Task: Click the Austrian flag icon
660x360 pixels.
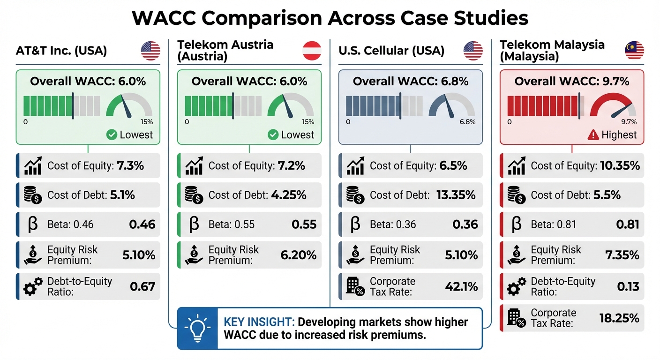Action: pos(312,51)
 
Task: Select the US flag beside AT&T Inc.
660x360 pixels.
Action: pos(150,51)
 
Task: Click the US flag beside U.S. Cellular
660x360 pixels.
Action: pos(473,51)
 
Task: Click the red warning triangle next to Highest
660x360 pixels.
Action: pos(593,135)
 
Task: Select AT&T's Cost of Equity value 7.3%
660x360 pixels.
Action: pos(130,165)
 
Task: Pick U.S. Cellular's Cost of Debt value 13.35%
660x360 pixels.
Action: pos(457,195)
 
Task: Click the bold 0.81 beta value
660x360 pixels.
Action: pos(628,225)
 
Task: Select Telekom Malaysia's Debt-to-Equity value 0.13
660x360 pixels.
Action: pos(628,286)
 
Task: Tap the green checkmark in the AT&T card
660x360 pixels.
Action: pos(112,135)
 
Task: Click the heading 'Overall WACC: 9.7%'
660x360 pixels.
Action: pos(572,81)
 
